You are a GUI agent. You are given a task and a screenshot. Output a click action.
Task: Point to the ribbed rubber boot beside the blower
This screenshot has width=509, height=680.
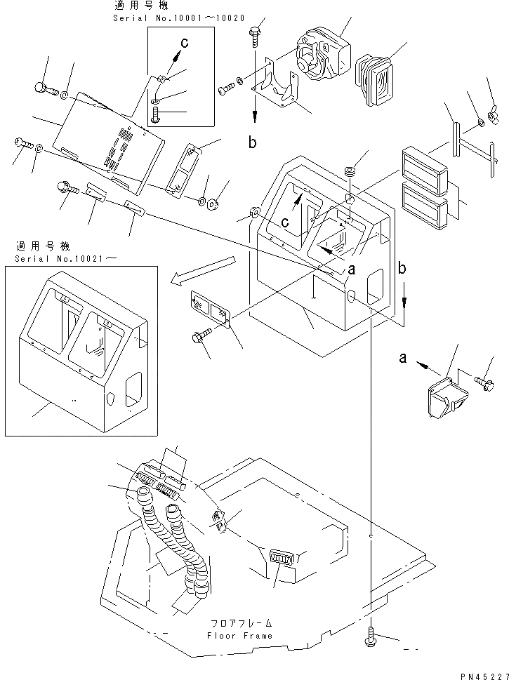(x=378, y=71)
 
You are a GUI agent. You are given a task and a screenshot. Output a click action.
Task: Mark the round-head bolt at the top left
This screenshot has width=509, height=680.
(x=39, y=88)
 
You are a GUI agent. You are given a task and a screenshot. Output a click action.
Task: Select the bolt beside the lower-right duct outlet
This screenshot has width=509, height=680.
(x=484, y=382)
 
